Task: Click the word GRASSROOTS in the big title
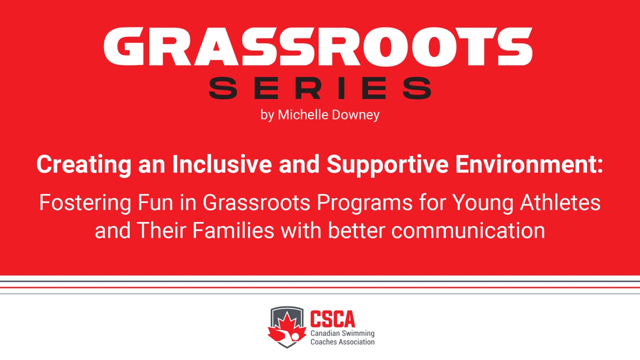pos(318,47)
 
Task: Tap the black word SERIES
pos(320,88)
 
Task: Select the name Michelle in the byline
pos(303,115)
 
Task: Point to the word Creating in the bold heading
pos(83,165)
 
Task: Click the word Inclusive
pos(221,164)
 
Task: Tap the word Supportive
pos(387,165)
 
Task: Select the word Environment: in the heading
pos(529,164)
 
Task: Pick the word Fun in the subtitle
pos(155,202)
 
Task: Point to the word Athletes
pos(560,202)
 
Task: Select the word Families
pos(233,230)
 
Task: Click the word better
pos(356,230)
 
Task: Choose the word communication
pos(468,230)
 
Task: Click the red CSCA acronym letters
pos(333,318)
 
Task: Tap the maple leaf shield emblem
pos(287,327)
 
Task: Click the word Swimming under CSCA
pos(358,333)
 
